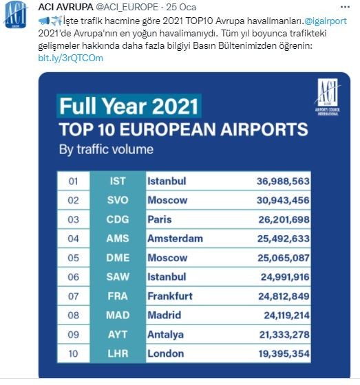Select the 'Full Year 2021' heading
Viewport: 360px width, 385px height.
click(129, 107)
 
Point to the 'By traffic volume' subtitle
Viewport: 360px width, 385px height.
click(106, 148)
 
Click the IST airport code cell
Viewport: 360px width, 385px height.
click(118, 181)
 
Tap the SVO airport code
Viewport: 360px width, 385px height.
click(118, 201)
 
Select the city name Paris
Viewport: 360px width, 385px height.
click(160, 220)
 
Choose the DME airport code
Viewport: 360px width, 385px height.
click(118, 258)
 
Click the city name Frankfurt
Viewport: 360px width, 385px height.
click(171, 296)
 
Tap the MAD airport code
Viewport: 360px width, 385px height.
click(118, 315)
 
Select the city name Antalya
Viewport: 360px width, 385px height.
click(165, 334)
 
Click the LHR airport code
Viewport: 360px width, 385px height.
click(118, 353)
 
